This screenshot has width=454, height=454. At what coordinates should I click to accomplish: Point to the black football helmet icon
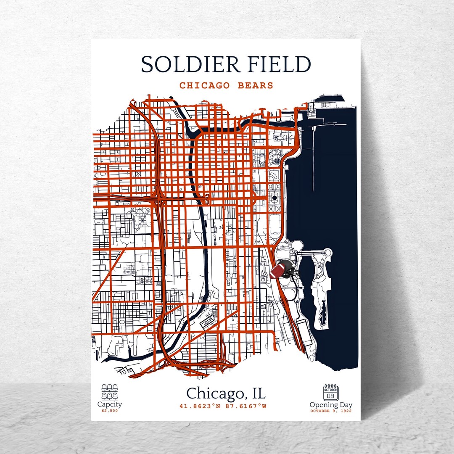pos(288,268)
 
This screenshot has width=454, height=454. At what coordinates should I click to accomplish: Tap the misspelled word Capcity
pos(110,404)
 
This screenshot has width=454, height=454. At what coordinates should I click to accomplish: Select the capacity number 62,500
pos(110,411)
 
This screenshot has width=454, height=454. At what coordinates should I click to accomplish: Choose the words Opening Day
pos(331,405)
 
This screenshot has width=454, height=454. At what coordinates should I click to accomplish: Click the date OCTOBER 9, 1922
pos(331,411)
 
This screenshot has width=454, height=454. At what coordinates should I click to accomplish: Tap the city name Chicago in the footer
pos(213,394)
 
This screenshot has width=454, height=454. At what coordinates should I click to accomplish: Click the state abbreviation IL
pos(257,394)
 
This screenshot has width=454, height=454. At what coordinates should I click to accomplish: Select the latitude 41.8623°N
pos(200,406)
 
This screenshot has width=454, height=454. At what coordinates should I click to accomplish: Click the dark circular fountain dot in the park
pos(275,197)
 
